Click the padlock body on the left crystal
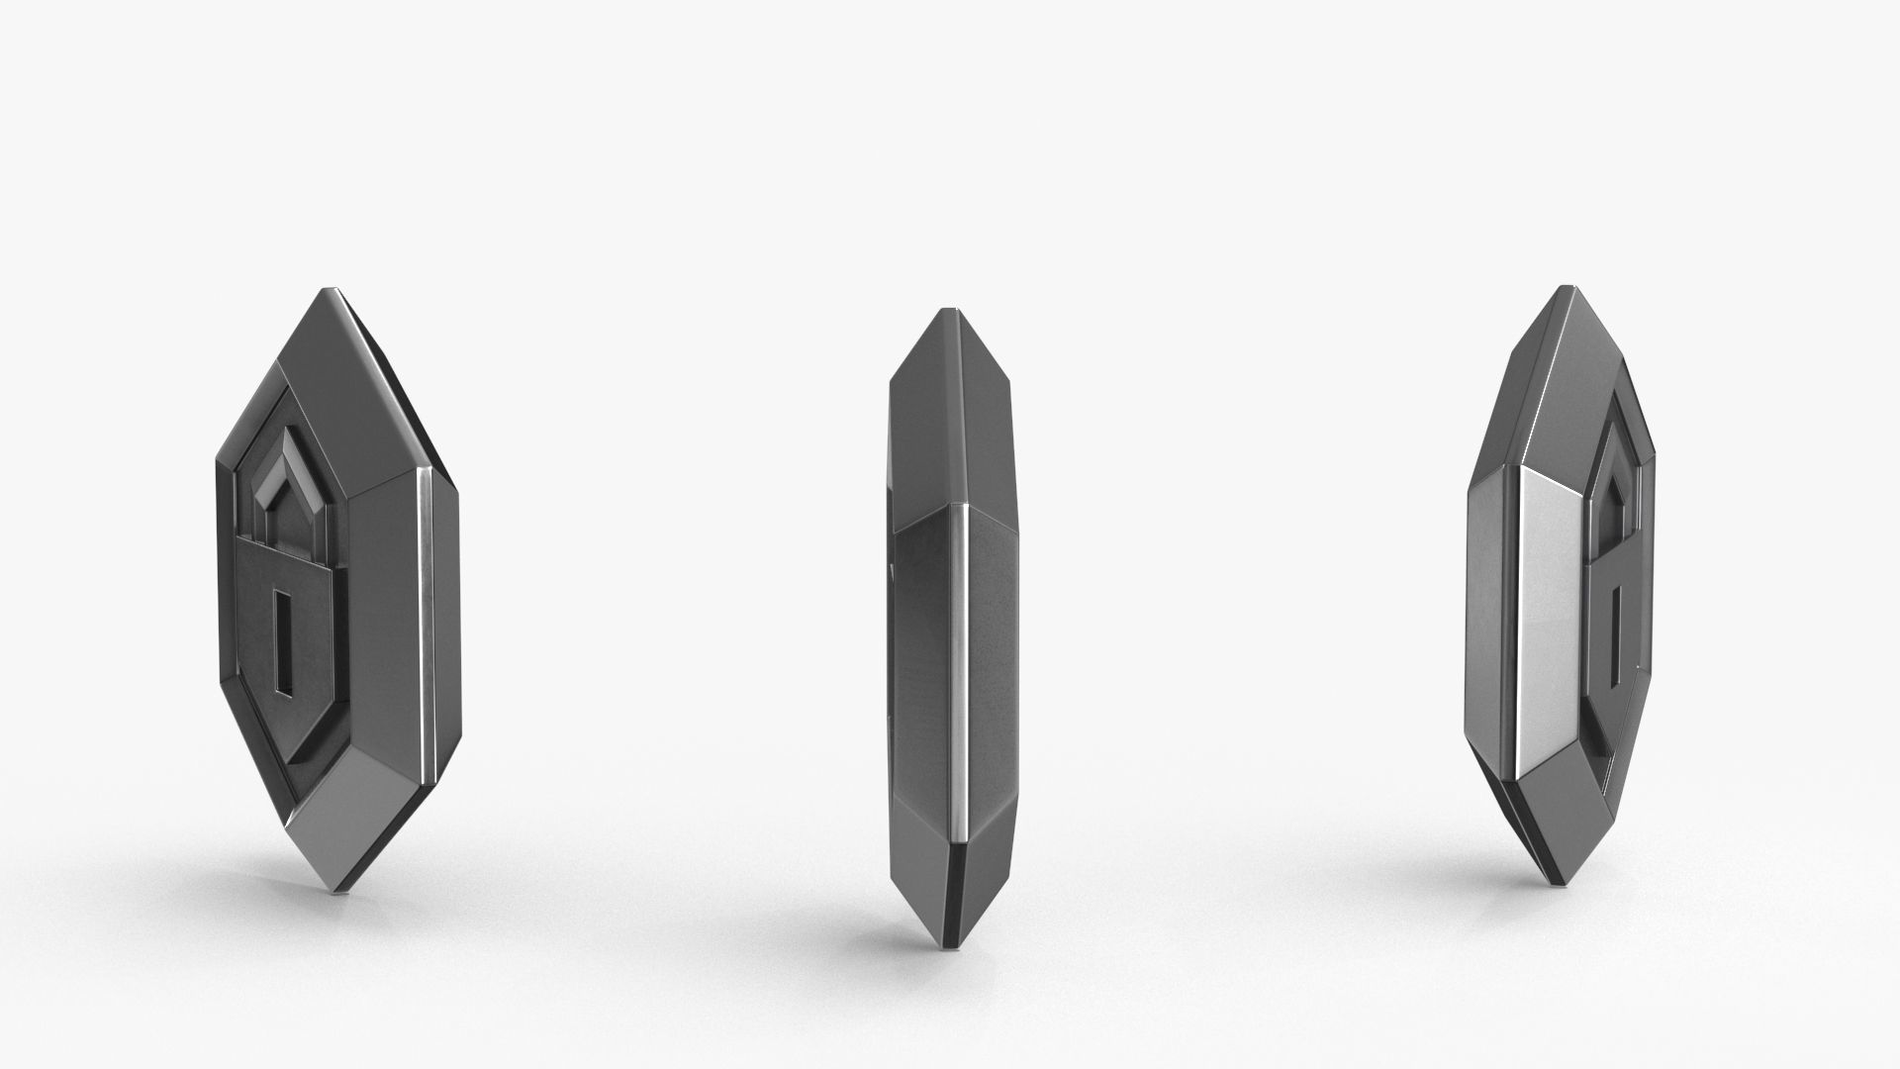click(x=287, y=633)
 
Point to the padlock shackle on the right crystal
click(x=1608, y=465)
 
